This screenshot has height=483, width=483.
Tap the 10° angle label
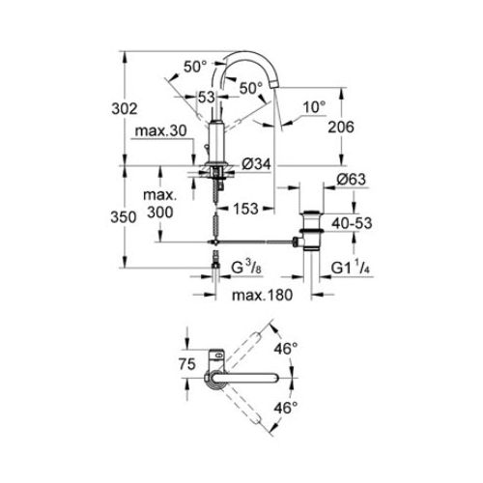coord(315,105)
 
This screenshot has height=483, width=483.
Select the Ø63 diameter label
coord(323,180)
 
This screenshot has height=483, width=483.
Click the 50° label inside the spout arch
coord(250,88)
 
